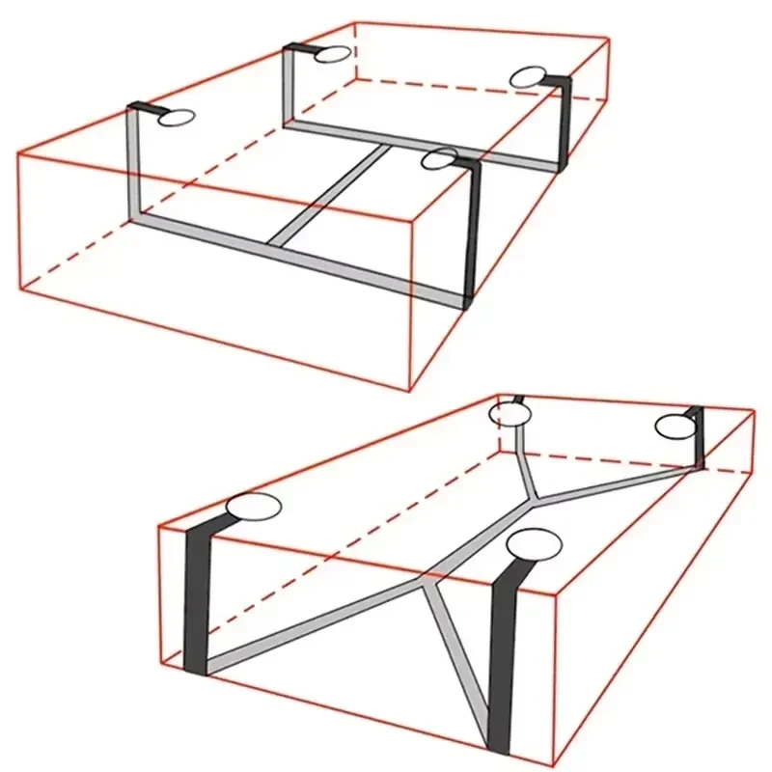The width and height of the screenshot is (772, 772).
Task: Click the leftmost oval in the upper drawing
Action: pyautogui.click(x=177, y=119)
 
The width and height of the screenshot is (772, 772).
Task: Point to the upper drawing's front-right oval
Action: pyautogui.click(x=441, y=158)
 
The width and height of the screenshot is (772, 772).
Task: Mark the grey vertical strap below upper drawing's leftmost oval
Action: pyautogui.click(x=135, y=164)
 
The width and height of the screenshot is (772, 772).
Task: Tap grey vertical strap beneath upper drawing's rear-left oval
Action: pyautogui.click(x=289, y=87)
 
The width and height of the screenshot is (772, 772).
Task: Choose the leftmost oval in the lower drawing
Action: pyautogui.click(x=253, y=508)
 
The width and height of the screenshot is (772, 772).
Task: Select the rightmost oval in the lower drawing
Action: pyautogui.click(x=675, y=426)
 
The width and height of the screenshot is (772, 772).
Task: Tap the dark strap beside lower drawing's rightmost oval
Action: pyautogui.click(x=697, y=439)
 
